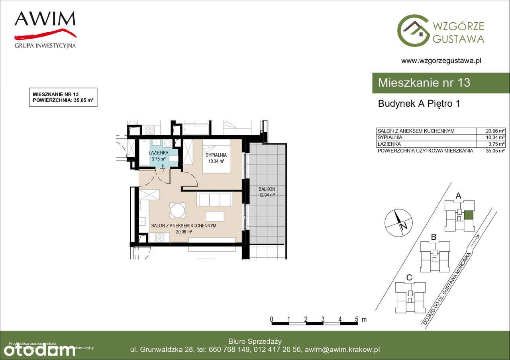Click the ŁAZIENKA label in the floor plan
(x=158, y=153)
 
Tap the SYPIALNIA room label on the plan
(x=216, y=155)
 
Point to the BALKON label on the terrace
(x=267, y=189)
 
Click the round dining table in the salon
(x=177, y=210)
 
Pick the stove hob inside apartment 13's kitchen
(x=160, y=237)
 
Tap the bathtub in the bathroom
(x=143, y=152)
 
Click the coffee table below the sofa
(x=215, y=216)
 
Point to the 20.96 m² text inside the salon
(x=184, y=232)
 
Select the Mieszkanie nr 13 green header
(x=424, y=83)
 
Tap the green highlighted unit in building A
(x=469, y=215)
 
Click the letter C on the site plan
(x=409, y=278)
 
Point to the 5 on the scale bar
(x=357, y=319)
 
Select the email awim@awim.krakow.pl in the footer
(x=342, y=350)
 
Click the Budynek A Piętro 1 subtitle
(x=419, y=104)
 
